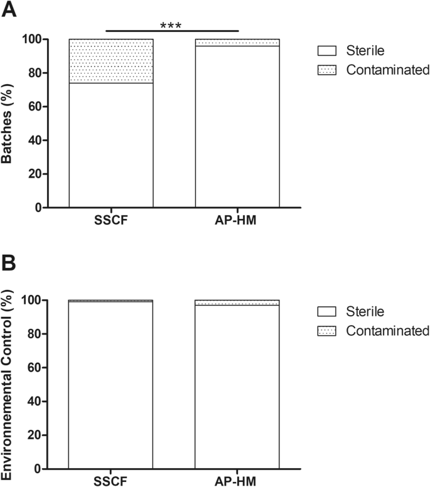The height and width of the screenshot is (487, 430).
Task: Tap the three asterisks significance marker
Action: pos(172,26)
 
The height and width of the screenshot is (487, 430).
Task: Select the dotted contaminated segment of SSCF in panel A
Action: pos(111,61)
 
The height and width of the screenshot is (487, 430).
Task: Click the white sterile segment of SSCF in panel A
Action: pos(111,145)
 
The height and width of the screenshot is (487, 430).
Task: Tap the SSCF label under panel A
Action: pos(111,221)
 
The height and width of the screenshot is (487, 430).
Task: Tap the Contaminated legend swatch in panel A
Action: pos(328,70)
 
